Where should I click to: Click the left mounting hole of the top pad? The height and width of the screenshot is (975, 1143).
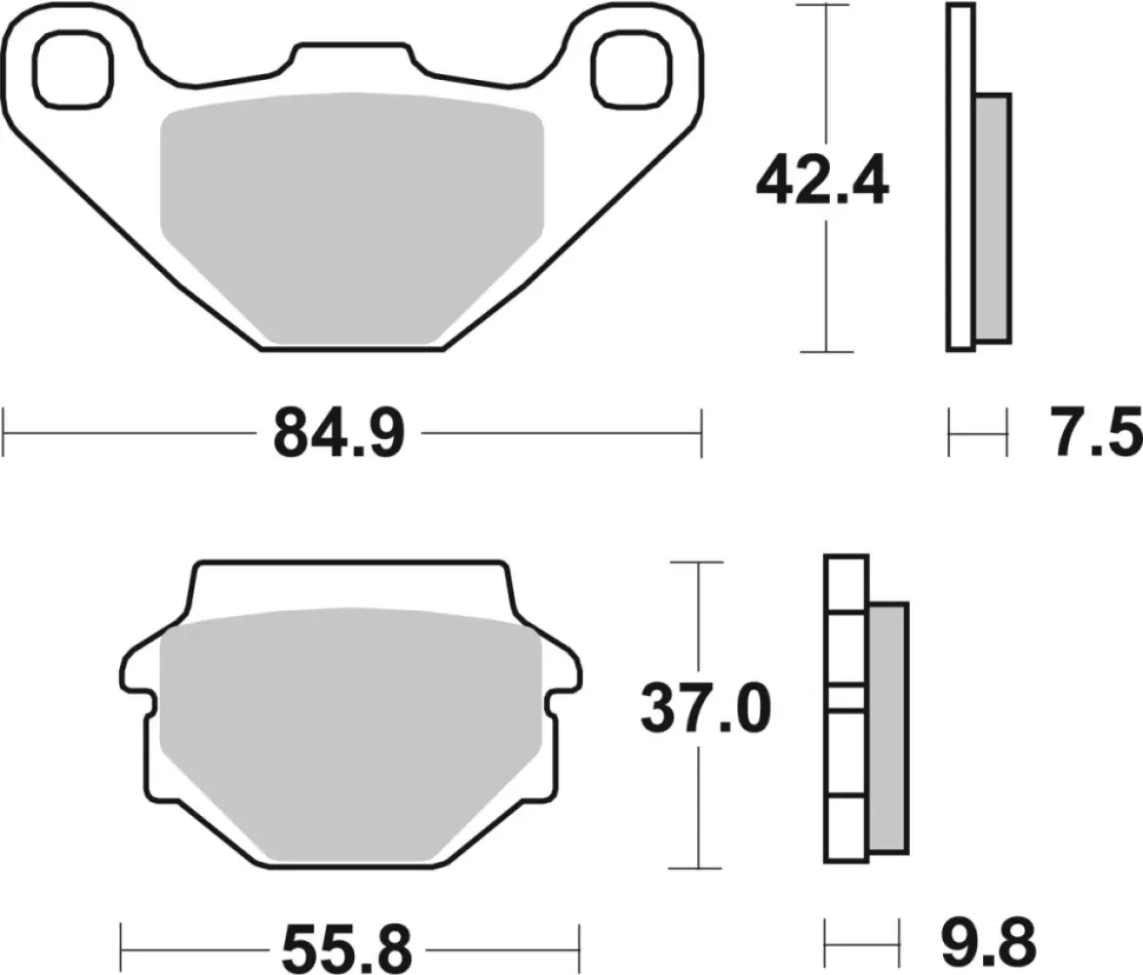point(71,67)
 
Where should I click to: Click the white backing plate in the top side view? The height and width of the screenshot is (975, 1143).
point(960,175)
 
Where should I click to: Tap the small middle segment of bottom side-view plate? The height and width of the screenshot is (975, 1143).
point(846,697)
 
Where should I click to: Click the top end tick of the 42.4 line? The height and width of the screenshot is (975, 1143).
point(825,5)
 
